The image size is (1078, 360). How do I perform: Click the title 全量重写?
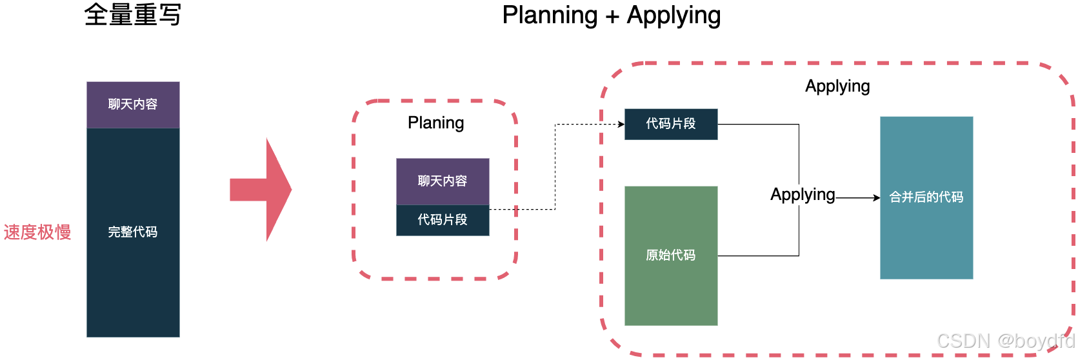point(132,15)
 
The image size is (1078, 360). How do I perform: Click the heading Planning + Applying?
point(611,15)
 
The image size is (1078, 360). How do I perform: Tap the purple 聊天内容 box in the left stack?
point(133,105)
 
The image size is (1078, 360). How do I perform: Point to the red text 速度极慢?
point(37,232)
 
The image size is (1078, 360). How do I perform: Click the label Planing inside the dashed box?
point(435,123)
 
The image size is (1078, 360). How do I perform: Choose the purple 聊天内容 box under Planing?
point(443,181)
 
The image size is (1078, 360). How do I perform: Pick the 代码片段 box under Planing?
point(443,220)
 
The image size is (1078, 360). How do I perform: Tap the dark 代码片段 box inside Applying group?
point(671,124)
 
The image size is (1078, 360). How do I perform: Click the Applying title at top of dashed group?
point(837,86)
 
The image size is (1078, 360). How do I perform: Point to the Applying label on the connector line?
point(803,194)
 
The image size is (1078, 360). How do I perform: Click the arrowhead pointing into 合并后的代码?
point(877,197)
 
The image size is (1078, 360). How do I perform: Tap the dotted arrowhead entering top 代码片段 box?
point(621,124)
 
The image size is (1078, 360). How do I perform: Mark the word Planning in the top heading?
point(550,15)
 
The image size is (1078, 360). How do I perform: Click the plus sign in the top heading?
point(612,16)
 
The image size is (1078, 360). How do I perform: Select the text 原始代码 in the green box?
point(671,255)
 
